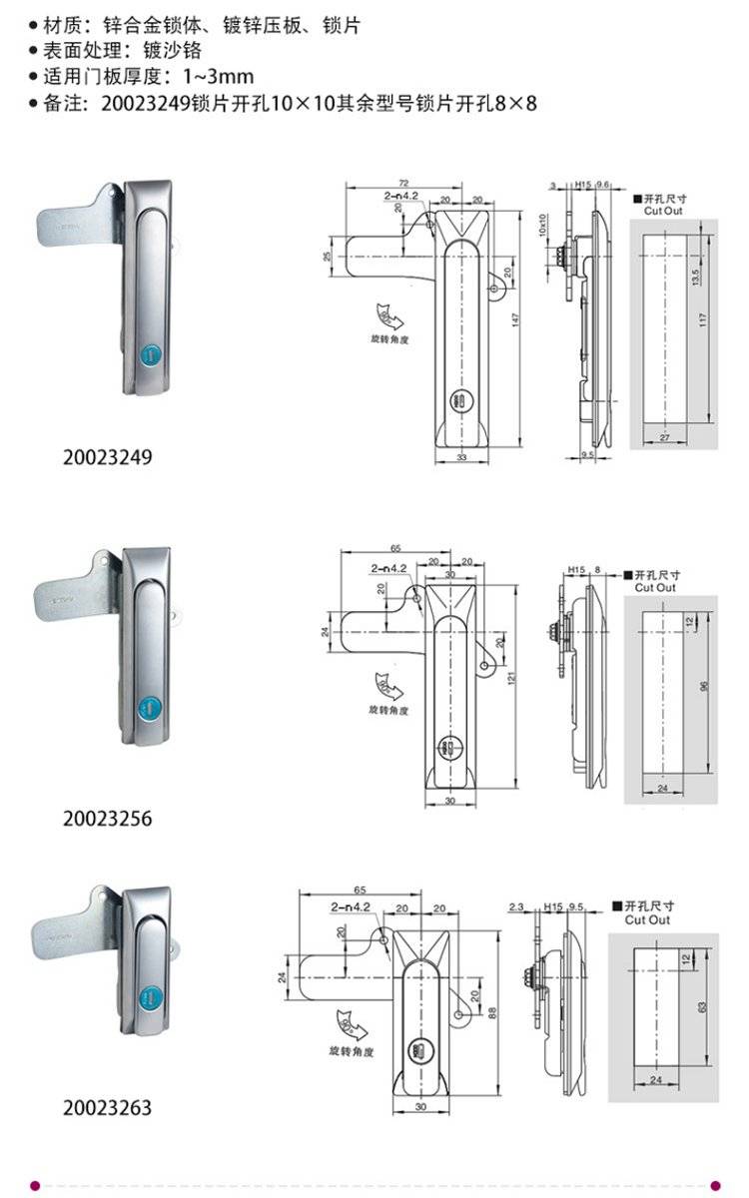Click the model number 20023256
[108, 819]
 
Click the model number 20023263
[108, 1107]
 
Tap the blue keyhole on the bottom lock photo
[150, 1001]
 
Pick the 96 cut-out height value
[703, 687]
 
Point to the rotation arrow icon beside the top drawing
[387, 316]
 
